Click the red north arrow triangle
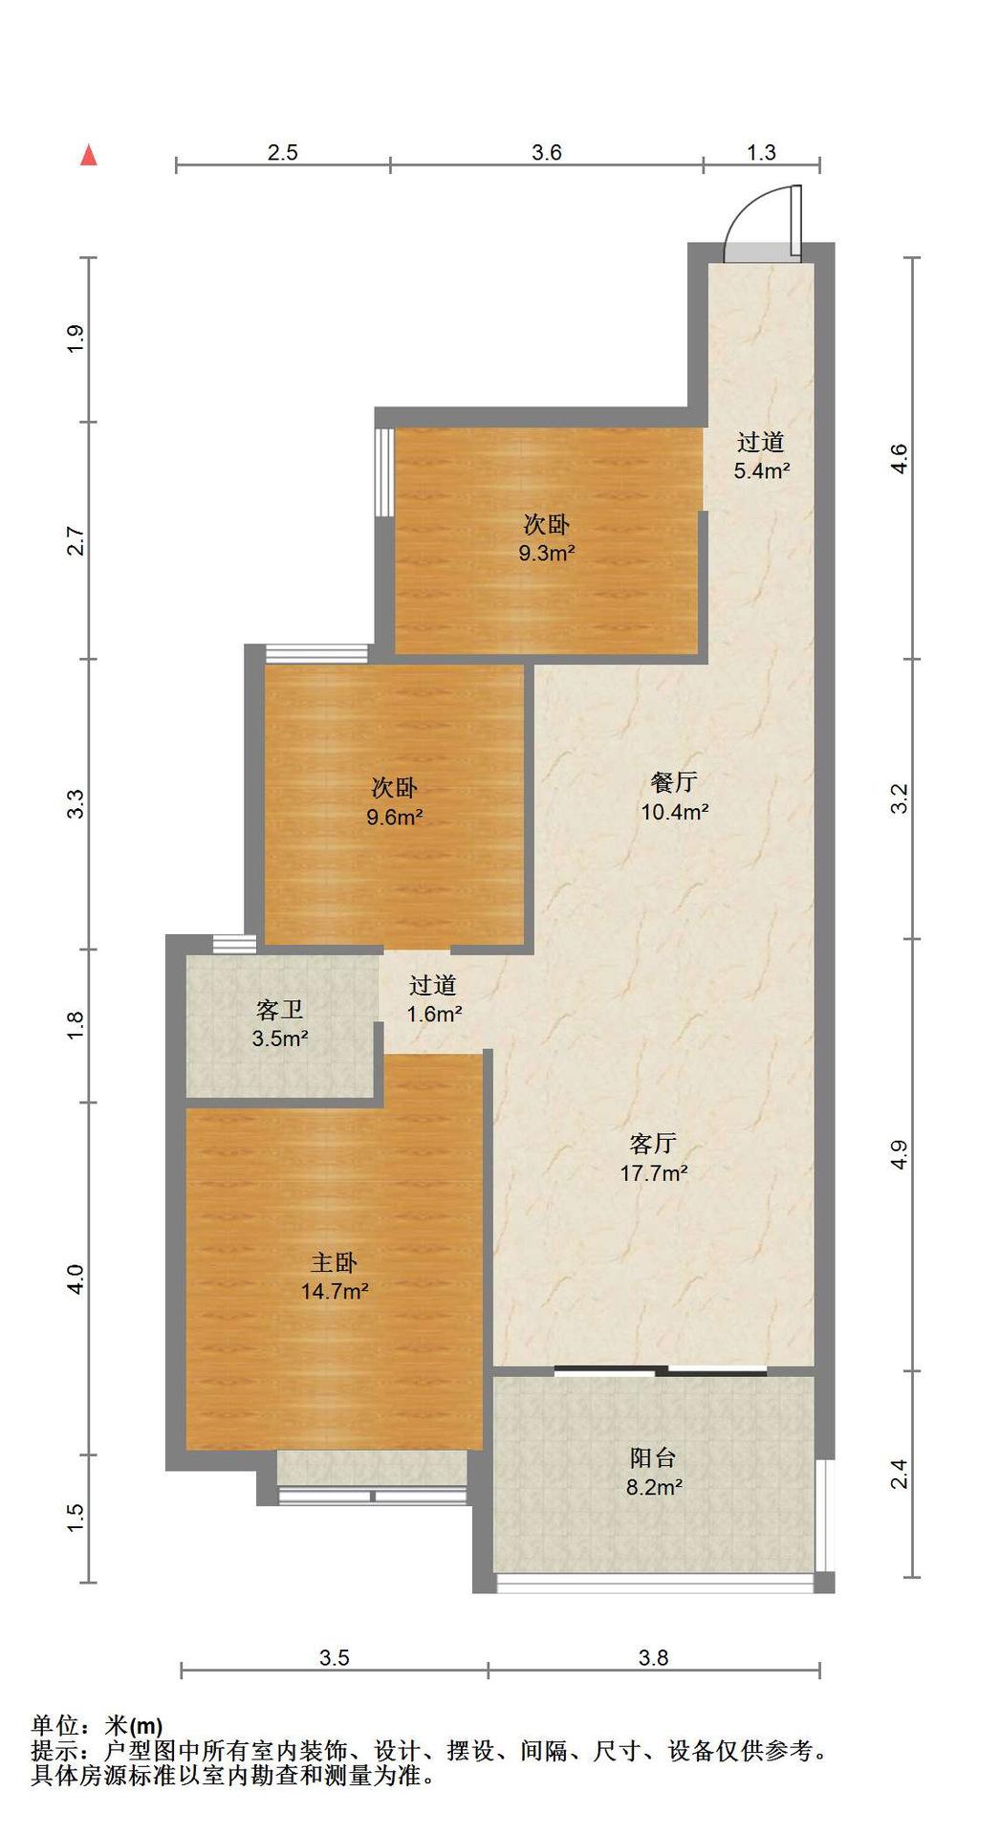point(89,155)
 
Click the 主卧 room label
point(334,1262)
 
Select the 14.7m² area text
point(335,1291)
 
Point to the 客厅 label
point(654,1143)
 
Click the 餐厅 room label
point(674,782)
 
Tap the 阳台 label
point(654,1458)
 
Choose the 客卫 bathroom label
point(279,1010)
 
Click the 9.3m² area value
point(547,553)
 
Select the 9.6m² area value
point(395,818)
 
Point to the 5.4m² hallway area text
point(762,470)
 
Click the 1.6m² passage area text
point(435,1014)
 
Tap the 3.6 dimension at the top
point(547,152)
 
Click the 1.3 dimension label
point(761,152)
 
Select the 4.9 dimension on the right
point(898,1155)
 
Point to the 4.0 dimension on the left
point(76,1279)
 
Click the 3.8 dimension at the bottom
point(654,1658)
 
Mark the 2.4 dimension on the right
point(898,1475)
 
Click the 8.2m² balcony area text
point(654,1487)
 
